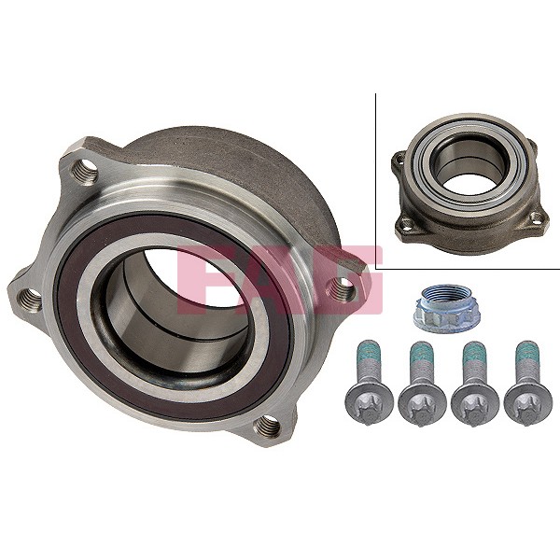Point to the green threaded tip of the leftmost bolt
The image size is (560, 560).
tap(367, 357)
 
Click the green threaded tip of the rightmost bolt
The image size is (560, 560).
tap(523, 357)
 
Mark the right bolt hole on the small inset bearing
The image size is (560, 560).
tap(537, 218)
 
